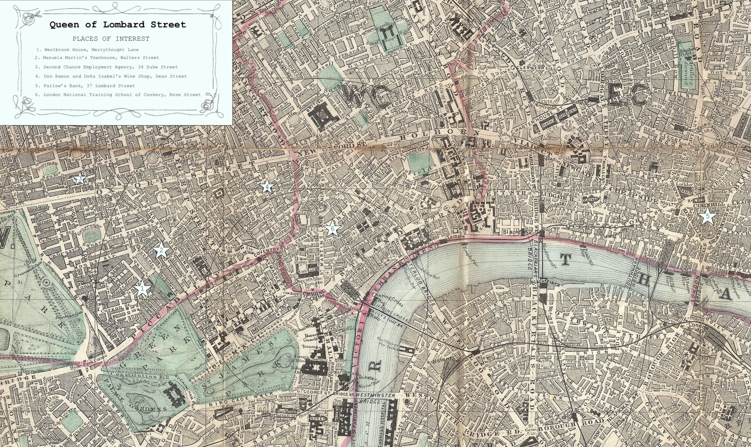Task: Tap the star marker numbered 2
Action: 161,251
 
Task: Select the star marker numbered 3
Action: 80,179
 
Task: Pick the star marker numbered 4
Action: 267,187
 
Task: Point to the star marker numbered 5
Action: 707,216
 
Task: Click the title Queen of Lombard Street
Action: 118,25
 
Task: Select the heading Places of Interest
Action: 111,38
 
